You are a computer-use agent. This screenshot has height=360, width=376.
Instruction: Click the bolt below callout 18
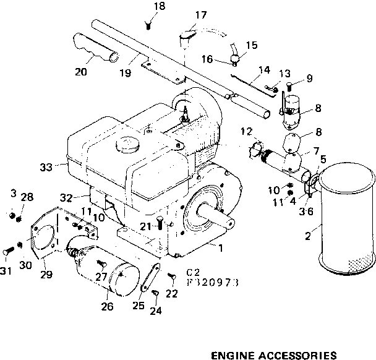click(148, 25)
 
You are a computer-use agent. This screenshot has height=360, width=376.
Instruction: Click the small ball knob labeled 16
click(236, 59)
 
